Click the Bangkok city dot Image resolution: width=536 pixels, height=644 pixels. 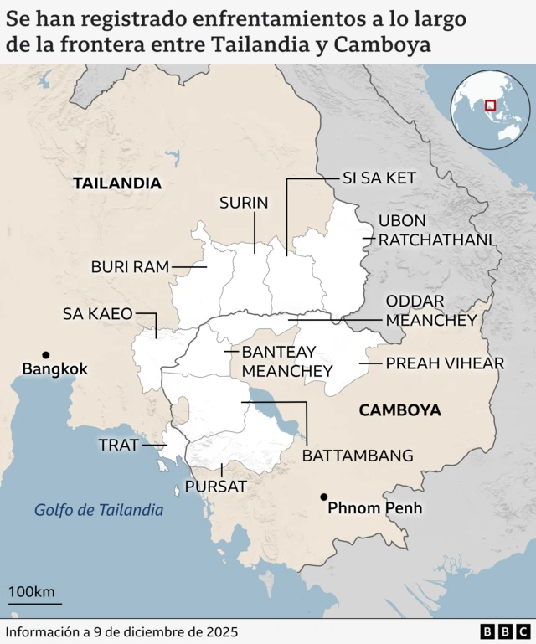click(x=46, y=355)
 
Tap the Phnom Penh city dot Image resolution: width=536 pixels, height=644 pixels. click(x=323, y=497)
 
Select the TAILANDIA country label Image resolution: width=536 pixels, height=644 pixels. click(x=116, y=183)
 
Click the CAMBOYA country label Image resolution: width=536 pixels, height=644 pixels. click(x=399, y=410)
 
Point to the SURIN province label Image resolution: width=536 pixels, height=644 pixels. click(x=244, y=202)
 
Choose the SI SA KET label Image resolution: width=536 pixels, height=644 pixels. click(x=379, y=178)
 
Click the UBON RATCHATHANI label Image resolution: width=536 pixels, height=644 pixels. click(x=435, y=230)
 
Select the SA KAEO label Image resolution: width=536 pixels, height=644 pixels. click(x=98, y=314)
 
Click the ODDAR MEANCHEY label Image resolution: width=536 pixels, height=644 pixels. click(x=430, y=310)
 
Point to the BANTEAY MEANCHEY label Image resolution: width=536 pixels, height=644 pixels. click(x=287, y=360)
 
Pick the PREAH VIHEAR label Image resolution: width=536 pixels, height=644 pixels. click(x=445, y=363)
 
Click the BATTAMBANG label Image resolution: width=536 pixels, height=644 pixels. click(x=358, y=456)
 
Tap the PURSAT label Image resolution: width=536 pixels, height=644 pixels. click(x=215, y=486)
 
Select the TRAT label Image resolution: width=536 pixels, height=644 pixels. click(x=118, y=445)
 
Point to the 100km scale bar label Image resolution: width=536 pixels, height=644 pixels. click(x=32, y=592)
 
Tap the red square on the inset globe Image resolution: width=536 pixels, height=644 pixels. click(x=490, y=106)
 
